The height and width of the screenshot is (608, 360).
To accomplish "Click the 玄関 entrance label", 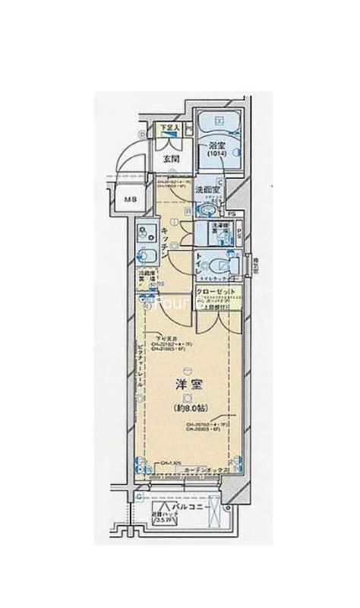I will coord(171,160).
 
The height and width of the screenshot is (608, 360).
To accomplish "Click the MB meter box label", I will coord(131,200).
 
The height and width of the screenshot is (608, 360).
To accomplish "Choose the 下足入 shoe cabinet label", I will coord(169,128).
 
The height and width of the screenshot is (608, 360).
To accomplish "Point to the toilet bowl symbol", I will coord(216,265).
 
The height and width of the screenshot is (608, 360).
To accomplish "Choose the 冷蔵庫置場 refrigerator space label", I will coord(147,277).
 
